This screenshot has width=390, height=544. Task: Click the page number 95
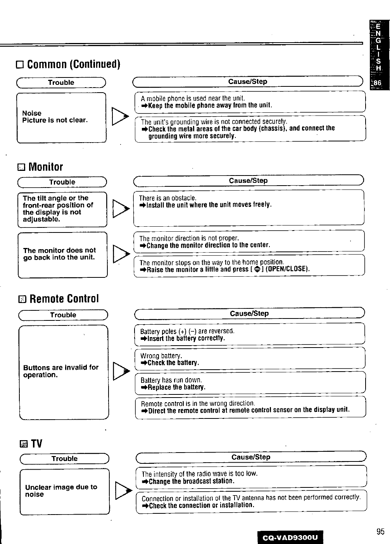pos(380,532)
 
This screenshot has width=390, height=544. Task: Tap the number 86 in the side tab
pos(377,83)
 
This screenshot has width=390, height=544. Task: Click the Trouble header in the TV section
pos(64,459)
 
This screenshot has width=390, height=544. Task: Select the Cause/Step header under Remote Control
pos(249,313)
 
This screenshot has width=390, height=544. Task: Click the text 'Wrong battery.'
pos(161,356)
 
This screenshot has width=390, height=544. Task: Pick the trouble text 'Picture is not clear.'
pos(55,120)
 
